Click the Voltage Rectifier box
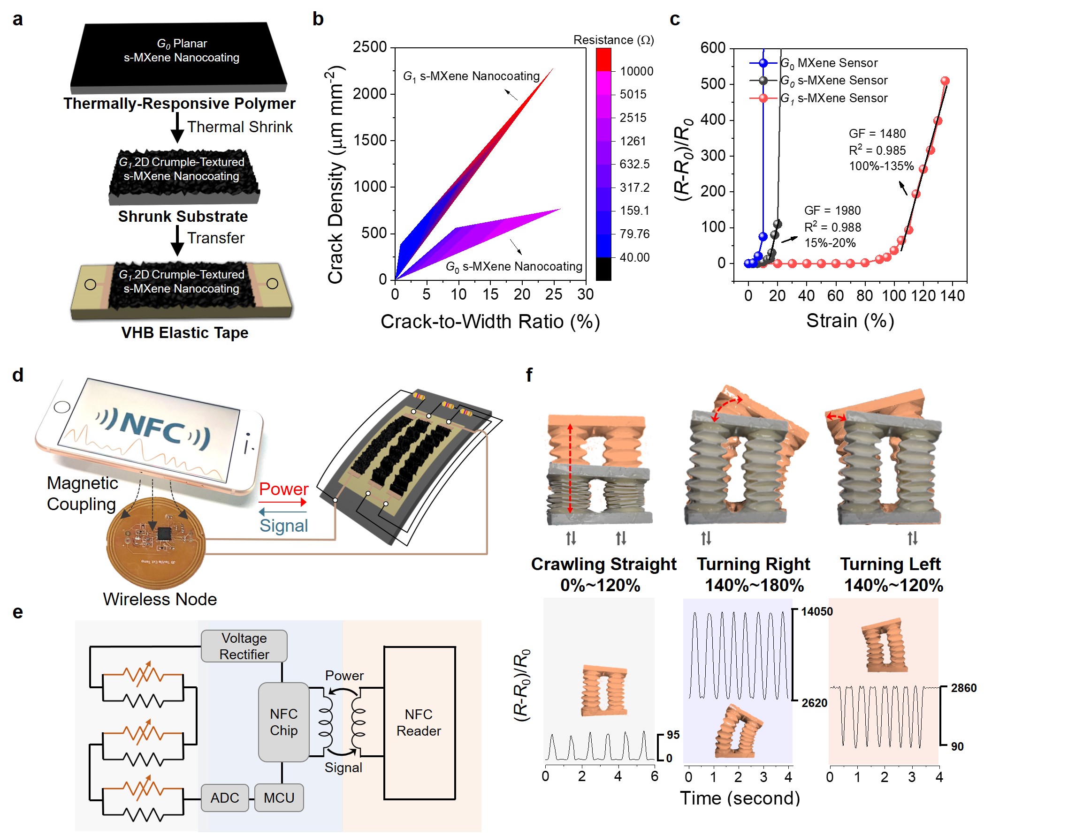click(x=244, y=646)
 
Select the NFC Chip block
click(x=283, y=722)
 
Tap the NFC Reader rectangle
click(x=419, y=722)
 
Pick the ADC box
click(x=225, y=797)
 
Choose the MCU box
click(x=279, y=797)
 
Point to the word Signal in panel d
click(x=283, y=525)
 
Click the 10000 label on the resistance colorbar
click(x=636, y=71)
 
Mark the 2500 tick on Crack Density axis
click(x=369, y=47)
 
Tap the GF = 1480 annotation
click(x=877, y=133)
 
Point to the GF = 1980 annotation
click(x=832, y=210)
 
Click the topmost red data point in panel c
click(x=945, y=81)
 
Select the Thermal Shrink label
click(x=240, y=127)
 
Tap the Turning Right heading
click(x=753, y=564)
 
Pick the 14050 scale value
click(x=817, y=611)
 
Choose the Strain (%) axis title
click(x=850, y=321)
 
